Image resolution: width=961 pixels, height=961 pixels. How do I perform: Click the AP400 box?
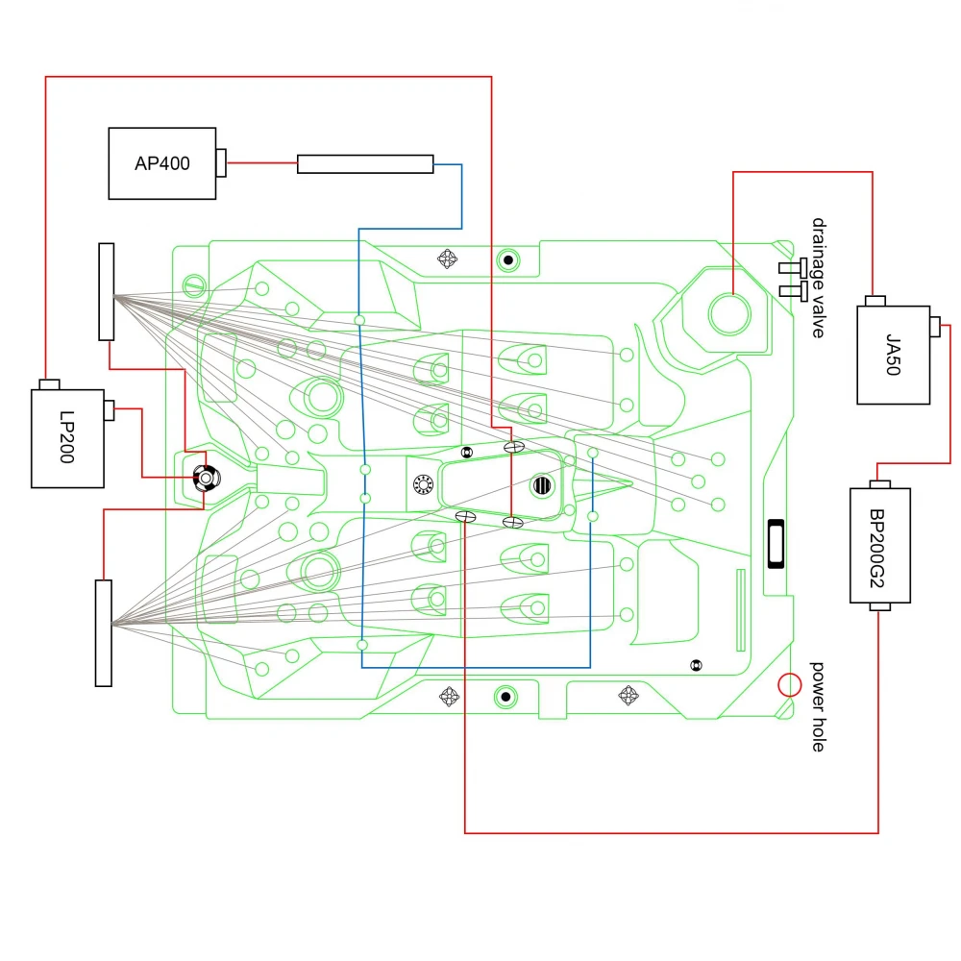pyautogui.click(x=162, y=163)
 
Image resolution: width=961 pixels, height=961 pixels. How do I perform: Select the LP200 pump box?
pyautogui.click(x=66, y=438)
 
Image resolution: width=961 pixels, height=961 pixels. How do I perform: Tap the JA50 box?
pyautogui.click(x=894, y=355)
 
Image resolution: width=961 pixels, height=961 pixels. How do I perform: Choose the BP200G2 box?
pyautogui.click(x=879, y=545)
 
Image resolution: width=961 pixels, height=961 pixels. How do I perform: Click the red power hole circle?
pyautogui.click(x=789, y=684)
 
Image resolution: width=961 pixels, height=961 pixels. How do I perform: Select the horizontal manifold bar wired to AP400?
pyautogui.click(x=365, y=164)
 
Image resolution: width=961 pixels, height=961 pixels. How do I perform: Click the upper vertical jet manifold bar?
pyautogui.click(x=106, y=291)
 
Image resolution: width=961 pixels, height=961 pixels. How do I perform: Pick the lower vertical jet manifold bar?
pyautogui.click(x=104, y=633)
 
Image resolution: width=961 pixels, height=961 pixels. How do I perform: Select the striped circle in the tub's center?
pyautogui.click(x=543, y=484)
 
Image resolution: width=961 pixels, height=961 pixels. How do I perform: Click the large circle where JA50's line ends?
pyautogui.click(x=728, y=310)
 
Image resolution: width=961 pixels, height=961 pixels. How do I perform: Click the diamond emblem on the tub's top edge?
pyautogui.click(x=449, y=258)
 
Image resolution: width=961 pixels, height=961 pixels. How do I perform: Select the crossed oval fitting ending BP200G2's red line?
pyautogui.click(x=465, y=517)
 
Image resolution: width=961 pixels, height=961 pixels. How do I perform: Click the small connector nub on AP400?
pyautogui.click(x=221, y=163)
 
